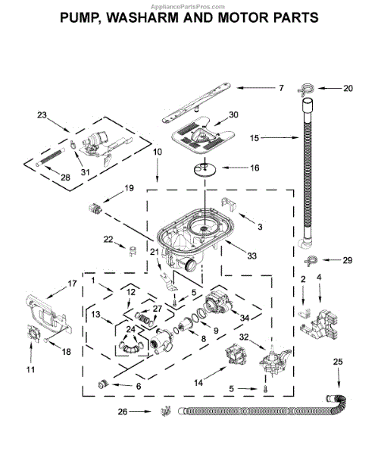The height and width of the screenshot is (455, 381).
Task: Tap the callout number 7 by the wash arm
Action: click(281, 88)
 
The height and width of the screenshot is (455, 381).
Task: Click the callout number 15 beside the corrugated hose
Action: click(255, 138)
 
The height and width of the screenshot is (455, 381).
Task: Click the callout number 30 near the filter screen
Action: click(233, 115)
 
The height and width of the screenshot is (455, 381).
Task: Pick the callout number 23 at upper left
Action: click(42, 115)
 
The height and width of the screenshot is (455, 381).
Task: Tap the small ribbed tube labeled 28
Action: click(51, 158)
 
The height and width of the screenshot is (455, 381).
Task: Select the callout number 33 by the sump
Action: click(251, 256)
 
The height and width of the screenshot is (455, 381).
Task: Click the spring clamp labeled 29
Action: click(311, 260)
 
